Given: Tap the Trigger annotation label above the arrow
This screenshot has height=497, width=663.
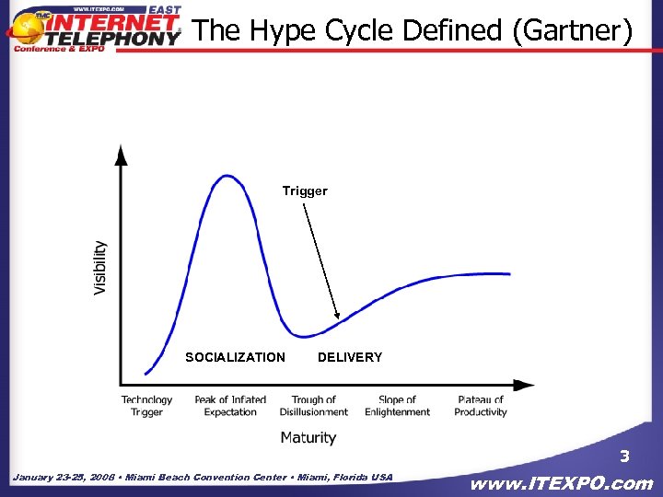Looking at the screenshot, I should click(x=305, y=191).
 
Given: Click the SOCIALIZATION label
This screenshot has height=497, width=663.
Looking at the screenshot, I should click(x=235, y=357).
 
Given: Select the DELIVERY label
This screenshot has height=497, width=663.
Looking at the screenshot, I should click(x=350, y=357).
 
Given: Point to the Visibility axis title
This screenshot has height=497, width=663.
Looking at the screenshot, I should click(x=100, y=268).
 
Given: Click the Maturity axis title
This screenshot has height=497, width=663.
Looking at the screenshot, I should click(x=308, y=437).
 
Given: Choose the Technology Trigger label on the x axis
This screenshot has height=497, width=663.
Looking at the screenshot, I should click(x=146, y=406).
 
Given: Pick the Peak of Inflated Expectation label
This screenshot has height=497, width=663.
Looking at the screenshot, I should click(x=230, y=406).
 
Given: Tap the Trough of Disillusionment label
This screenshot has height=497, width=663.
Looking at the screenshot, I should click(x=314, y=406).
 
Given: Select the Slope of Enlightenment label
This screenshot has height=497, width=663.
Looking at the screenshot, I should click(x=397, y=406).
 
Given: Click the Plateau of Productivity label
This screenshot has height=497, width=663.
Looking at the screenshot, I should click(x=481, y=406).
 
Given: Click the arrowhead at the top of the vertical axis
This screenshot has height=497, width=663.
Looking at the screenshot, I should click(x=121, y=152).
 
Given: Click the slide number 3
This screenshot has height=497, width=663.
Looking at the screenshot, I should click(x=624, y=457).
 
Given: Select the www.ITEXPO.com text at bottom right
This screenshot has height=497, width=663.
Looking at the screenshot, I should click(x=562, y=483).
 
